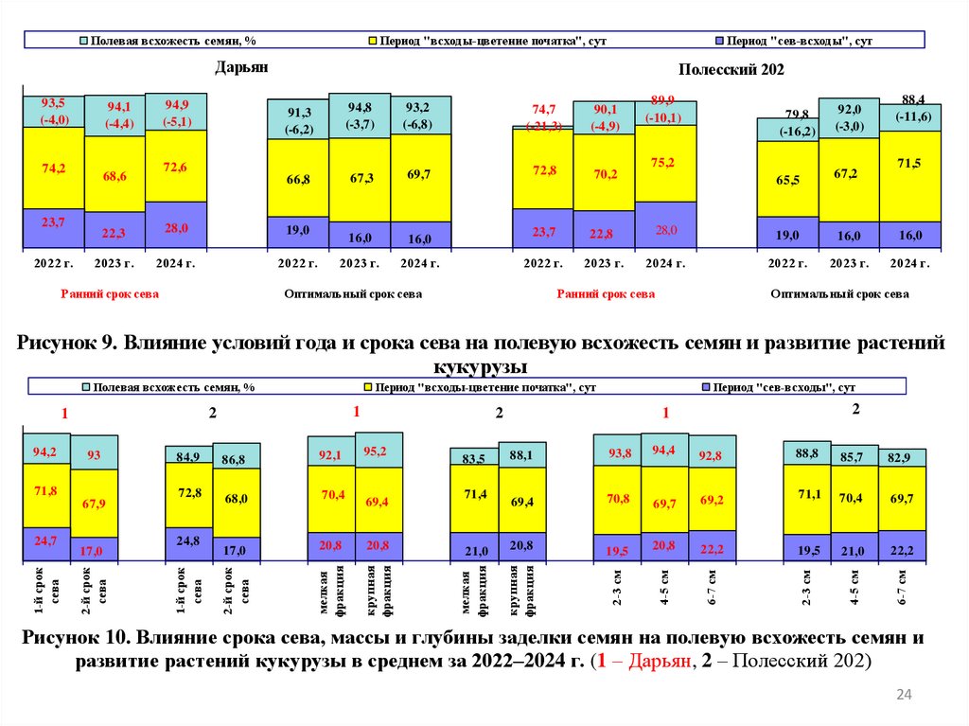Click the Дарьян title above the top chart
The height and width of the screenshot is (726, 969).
pyautogui.click(x=241, y=68)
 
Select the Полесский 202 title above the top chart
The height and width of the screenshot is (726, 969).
pyautogui.click(x=731, y=70)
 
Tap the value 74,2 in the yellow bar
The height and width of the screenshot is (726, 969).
pyautogui.click(x=54, y=168)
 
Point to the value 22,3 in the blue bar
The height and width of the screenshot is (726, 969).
pyautogui.click(x=115, y=233)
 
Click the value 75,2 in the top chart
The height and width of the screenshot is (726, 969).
pyautogui.click(x=664, y=163)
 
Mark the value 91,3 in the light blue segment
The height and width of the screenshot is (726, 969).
pyautogui.click(x=298, y=113)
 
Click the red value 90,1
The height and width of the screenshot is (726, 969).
pyautogui.click(x=604, y=110)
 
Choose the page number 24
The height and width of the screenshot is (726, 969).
pyautogui.click(x=903, y=697)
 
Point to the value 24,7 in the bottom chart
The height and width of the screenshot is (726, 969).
pyautogui.click(x=46, y=540)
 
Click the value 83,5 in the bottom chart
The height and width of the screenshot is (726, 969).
pyautogui.click(x=474, y=459)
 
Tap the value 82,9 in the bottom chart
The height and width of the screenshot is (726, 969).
pyautogui.click(x=901, y=458)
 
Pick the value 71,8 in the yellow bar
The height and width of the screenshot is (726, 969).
pyautogui.click(x=46, y=492)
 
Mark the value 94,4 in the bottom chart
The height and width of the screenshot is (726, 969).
pyautogui.click(x=664, y=451)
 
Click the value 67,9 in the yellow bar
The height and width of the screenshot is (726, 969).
pyautogui.click(x=94, y=503)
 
